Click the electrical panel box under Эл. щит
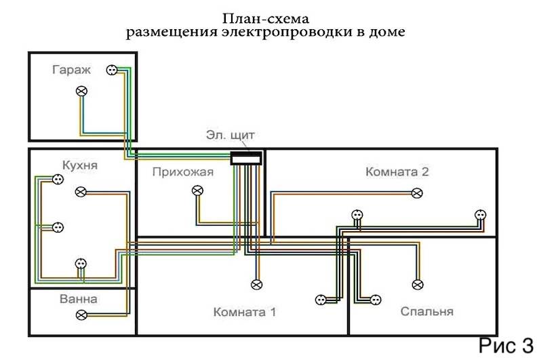(x=246, y=158)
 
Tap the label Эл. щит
(x=231, y=135)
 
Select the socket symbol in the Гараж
(x=111, y=69)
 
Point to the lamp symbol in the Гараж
(x=83, y=91)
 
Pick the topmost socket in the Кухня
(x=58, y=179)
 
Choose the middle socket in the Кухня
(x=58, y=227)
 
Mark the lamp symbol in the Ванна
(x=82, y=315)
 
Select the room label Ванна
(x=77, y=299)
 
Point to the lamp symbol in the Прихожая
(x=197, y=191)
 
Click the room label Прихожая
(x=183, y=172)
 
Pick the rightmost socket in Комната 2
(x=481, y=214)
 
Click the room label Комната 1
(x=244, y=313)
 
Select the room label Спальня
(x=426, y=312)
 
